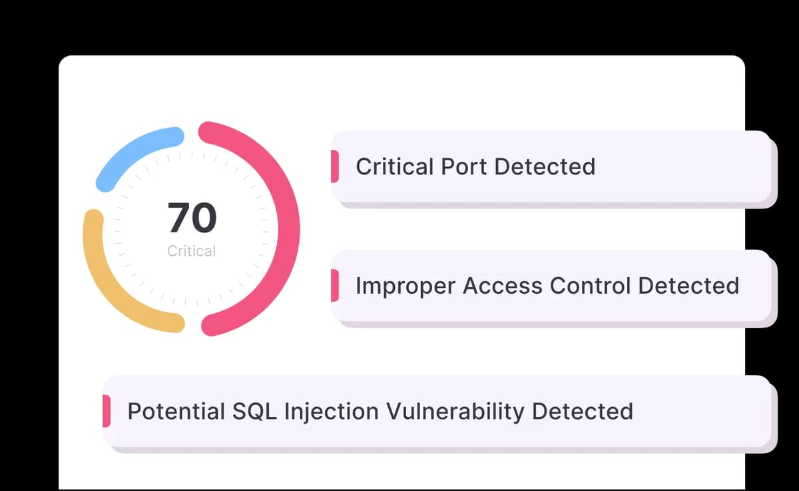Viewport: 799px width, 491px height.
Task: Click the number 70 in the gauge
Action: point(192,217)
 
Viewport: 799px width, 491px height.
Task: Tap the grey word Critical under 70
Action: point(192,251)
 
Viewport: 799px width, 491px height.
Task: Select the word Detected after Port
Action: point(545,167)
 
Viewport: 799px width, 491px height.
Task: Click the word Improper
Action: point(405,286)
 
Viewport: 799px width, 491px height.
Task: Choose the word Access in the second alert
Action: point(503,285)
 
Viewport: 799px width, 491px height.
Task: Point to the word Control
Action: point(591,285)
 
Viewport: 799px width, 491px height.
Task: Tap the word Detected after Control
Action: point(688,285)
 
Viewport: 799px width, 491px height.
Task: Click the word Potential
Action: point(176,411)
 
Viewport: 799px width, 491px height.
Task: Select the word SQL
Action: point(254,411)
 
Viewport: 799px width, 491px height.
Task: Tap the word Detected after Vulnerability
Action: point(583,411)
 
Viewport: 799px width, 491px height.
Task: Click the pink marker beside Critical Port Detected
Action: point(335,167)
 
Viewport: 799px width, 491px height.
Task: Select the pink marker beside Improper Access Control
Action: point(335,285)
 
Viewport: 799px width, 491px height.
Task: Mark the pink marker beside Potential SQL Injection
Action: point(107,411)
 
